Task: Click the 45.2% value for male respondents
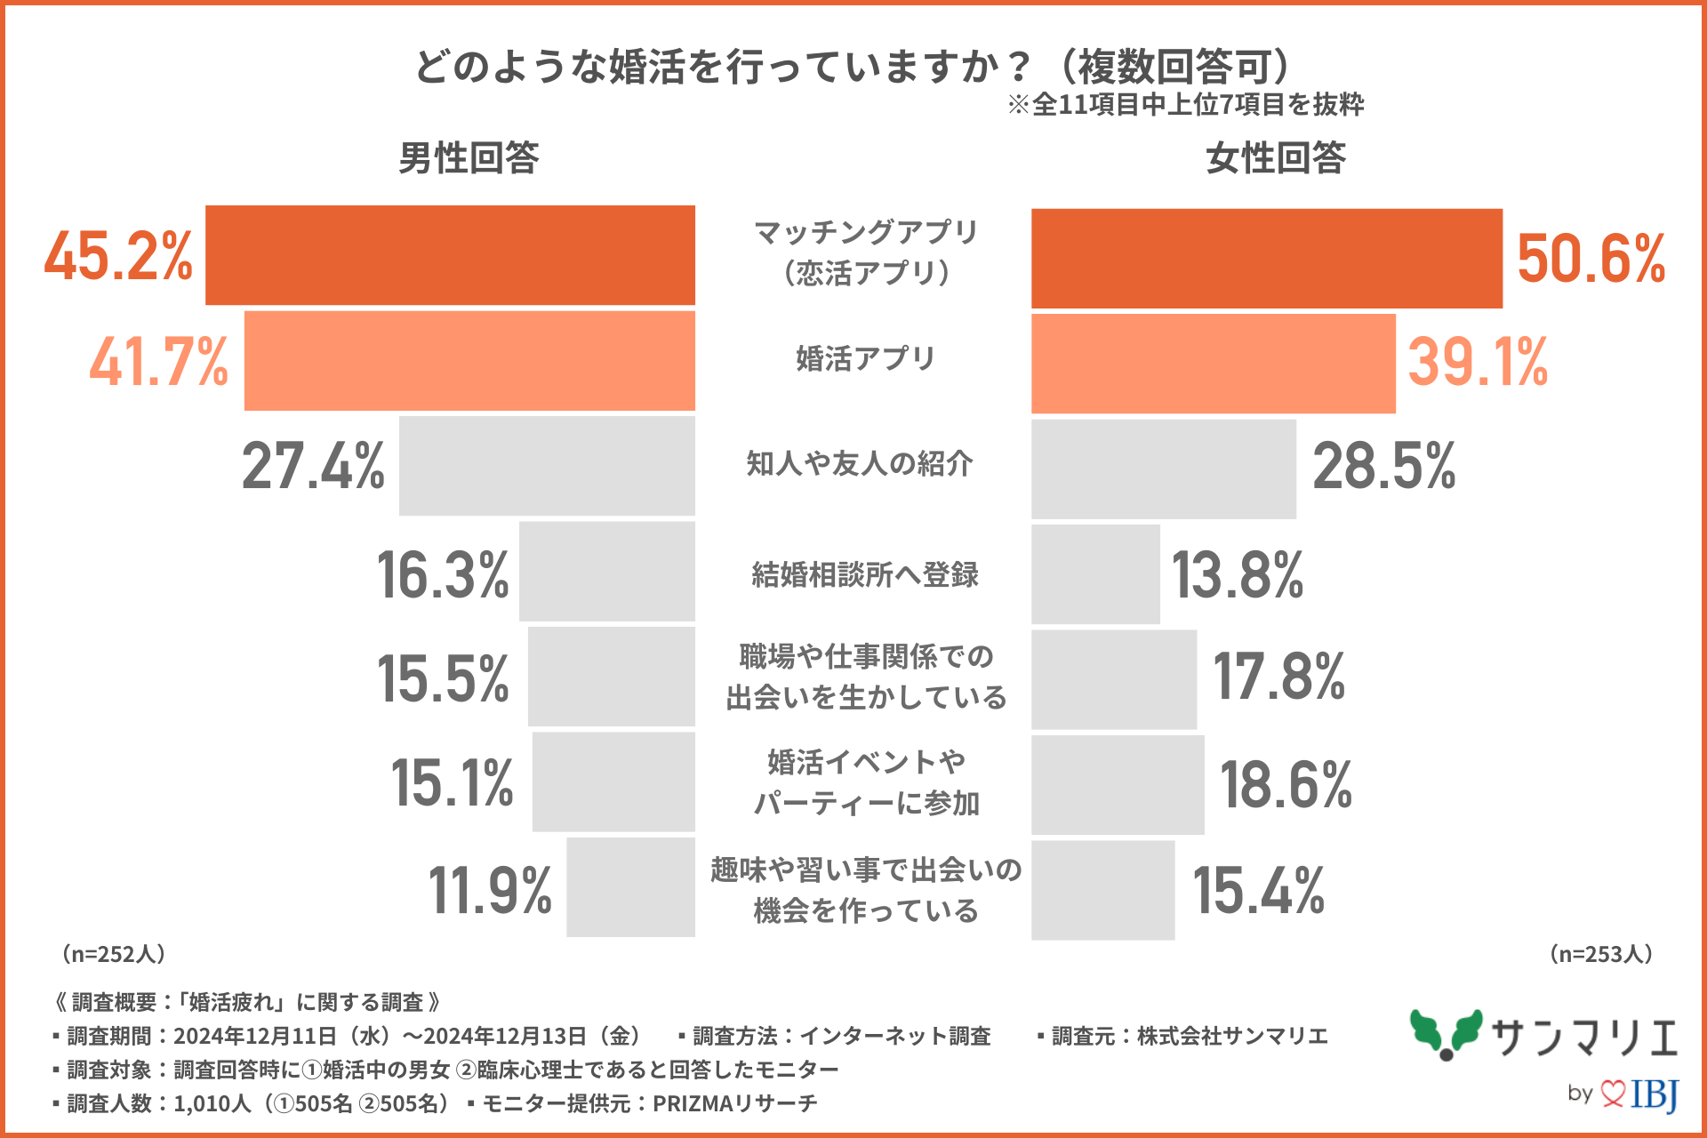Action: point(118,256)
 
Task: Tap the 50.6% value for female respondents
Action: point(1591,259)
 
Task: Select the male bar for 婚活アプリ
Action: point(469,361)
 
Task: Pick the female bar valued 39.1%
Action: point(1213,364)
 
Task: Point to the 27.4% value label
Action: point(313,466)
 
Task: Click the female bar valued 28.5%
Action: point(1163,469)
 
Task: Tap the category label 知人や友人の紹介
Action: point(860,463)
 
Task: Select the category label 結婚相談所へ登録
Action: point(864,574)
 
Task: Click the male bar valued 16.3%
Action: point(606,572)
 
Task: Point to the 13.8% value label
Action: point(1237,575)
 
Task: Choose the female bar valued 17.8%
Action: point(1113,680)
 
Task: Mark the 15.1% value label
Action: point(452,783)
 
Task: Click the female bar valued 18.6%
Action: point(1118,785)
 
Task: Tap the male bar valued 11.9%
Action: point(630,887)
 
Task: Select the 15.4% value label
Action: point(1258,890)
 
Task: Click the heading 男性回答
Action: point(469,158)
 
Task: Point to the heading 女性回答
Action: point(1276,158)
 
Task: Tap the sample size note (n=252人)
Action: point(113,954)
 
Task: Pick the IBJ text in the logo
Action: point(1654,1094)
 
